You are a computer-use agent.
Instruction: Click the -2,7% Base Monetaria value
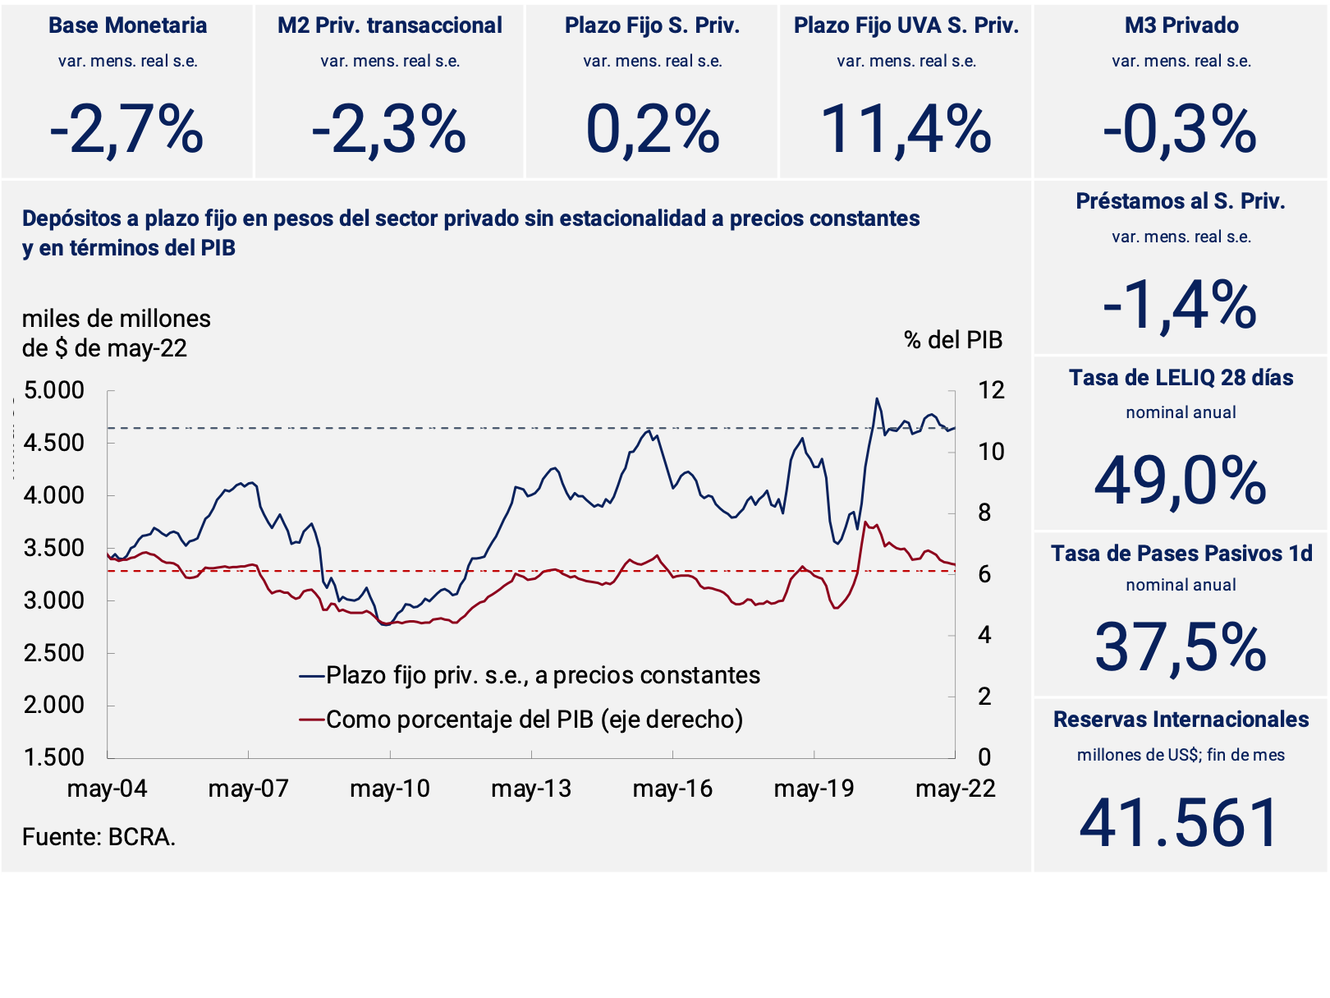pyautogui.click(x=126, y=130)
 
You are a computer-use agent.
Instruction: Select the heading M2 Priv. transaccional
pyautogui.click(x=389, y=25)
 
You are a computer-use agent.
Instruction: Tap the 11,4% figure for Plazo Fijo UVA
pyautogui.click(x=906, y=130)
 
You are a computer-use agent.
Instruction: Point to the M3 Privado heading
pyautogui.click(x=1181, y=25)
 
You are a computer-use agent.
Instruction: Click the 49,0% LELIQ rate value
pyautogui.click(x=1181, y=481)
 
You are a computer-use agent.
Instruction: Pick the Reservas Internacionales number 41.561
pyautogui.click(x=1180, y=822)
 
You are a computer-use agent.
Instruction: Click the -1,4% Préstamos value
pyautogui.click(x=1180, y=306)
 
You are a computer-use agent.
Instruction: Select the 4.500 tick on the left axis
pyautogui.click(x=54, y=443)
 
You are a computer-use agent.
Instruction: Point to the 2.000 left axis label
pyautogui.click(x=54, y=705)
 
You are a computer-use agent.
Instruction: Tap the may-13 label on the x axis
pyautogui.click(x=531, y=789)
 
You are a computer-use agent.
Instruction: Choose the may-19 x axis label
pyautogui.click(x=814, y=789)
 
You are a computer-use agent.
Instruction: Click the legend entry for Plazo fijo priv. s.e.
pyautogui.click(x=542, y=675)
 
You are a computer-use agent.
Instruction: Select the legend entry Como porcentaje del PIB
pyautogui.click(x=534, y=720)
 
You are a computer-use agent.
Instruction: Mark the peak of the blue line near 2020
pyautogui.click(x=877, y=399)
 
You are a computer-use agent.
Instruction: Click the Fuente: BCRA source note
pyautogui.click(x=99, y=837)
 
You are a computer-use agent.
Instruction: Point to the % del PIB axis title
pyautogui.click(x=952, y=340)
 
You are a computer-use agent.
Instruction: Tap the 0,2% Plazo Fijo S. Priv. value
pyautogui.click(x=652, y=130)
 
